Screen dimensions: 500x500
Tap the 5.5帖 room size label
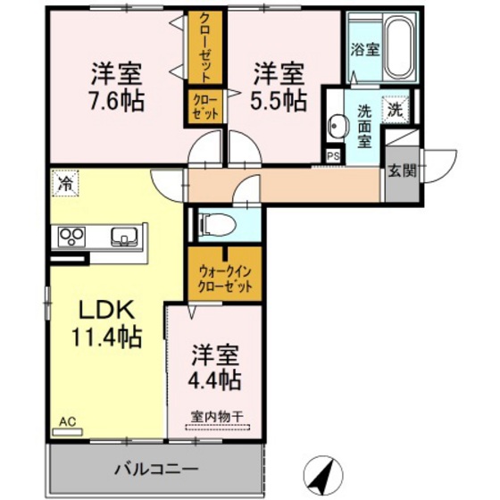(277, 98)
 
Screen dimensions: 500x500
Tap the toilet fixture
(212, 223)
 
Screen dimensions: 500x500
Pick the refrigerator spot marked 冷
(64, 183)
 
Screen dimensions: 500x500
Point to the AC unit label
(68, 421)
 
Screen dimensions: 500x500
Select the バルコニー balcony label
(155, 469)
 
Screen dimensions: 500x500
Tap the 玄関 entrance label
(401, 170)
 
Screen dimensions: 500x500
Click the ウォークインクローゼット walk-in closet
(226, 276)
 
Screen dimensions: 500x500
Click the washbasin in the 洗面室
(336, 124)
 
